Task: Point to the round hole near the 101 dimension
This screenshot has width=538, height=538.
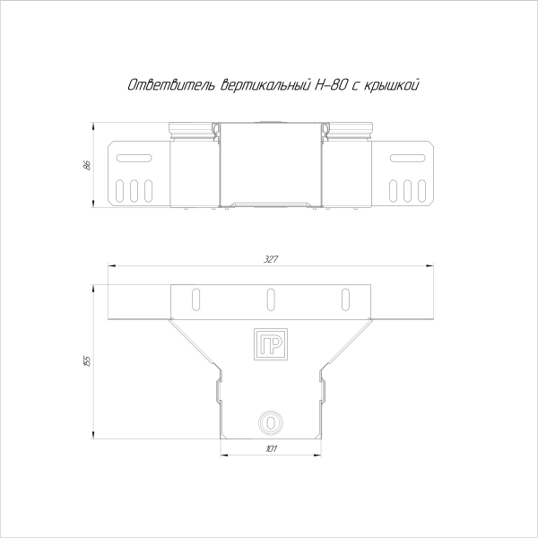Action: coord(269,420)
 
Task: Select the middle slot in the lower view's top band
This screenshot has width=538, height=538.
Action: coord(269,298)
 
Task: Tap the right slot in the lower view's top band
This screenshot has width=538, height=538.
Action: coord(343,298)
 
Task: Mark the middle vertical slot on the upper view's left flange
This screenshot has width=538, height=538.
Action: coord(133,191)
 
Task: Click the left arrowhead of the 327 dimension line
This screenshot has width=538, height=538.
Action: coord(110,265)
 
